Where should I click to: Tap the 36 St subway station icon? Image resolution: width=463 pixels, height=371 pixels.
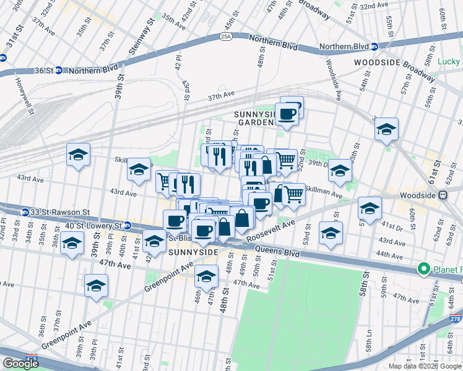coord(59,70)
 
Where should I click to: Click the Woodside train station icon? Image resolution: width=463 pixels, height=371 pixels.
coord(443,195)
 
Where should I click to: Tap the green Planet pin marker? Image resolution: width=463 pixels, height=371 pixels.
coord(424,269)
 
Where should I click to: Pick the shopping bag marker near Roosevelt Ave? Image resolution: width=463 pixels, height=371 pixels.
coord(242,218)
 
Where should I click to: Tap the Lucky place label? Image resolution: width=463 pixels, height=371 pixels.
coord(449,61)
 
